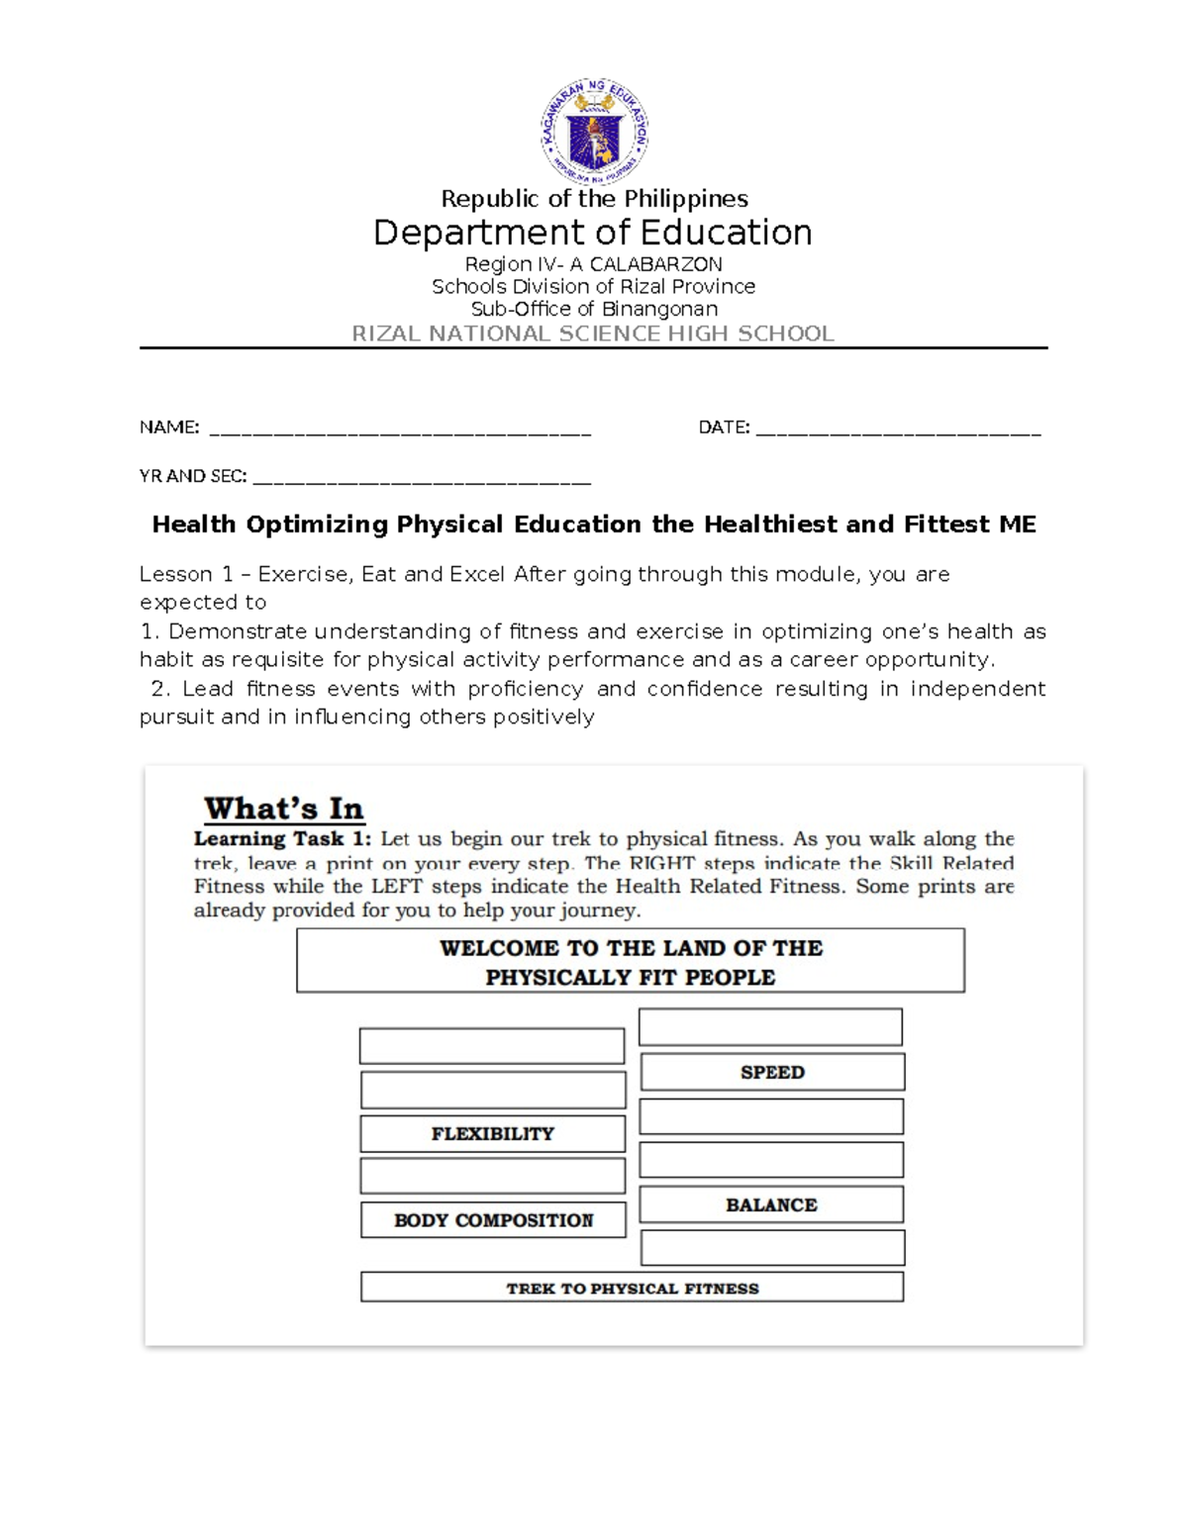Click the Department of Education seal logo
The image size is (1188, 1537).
tap(594, 132)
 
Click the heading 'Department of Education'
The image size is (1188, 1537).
tap(593, 233)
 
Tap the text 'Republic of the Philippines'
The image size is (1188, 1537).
tap(594, 199)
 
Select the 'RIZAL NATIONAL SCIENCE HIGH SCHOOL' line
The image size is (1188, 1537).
tap(593, 334)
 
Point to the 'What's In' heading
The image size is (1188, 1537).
tap(284, 809)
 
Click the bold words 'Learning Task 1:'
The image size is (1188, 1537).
tap(282, 839)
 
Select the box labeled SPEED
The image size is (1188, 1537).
tap(772, 1072)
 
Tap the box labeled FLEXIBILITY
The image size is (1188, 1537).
tap(492, 1133)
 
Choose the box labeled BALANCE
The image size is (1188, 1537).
tap(771, 1204)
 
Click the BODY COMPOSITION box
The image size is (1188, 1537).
tap(493, 1220)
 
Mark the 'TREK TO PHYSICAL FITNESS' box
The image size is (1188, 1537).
tap(632, 1288)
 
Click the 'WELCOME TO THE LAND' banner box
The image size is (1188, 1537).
tap(631, 961)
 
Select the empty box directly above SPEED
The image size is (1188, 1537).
tap(770, 1027)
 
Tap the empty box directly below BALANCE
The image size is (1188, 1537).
tap(772, 1248)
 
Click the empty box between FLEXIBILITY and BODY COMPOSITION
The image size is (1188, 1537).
tap(492, 1176)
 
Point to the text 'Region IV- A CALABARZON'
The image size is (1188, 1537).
tap(594, 264)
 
